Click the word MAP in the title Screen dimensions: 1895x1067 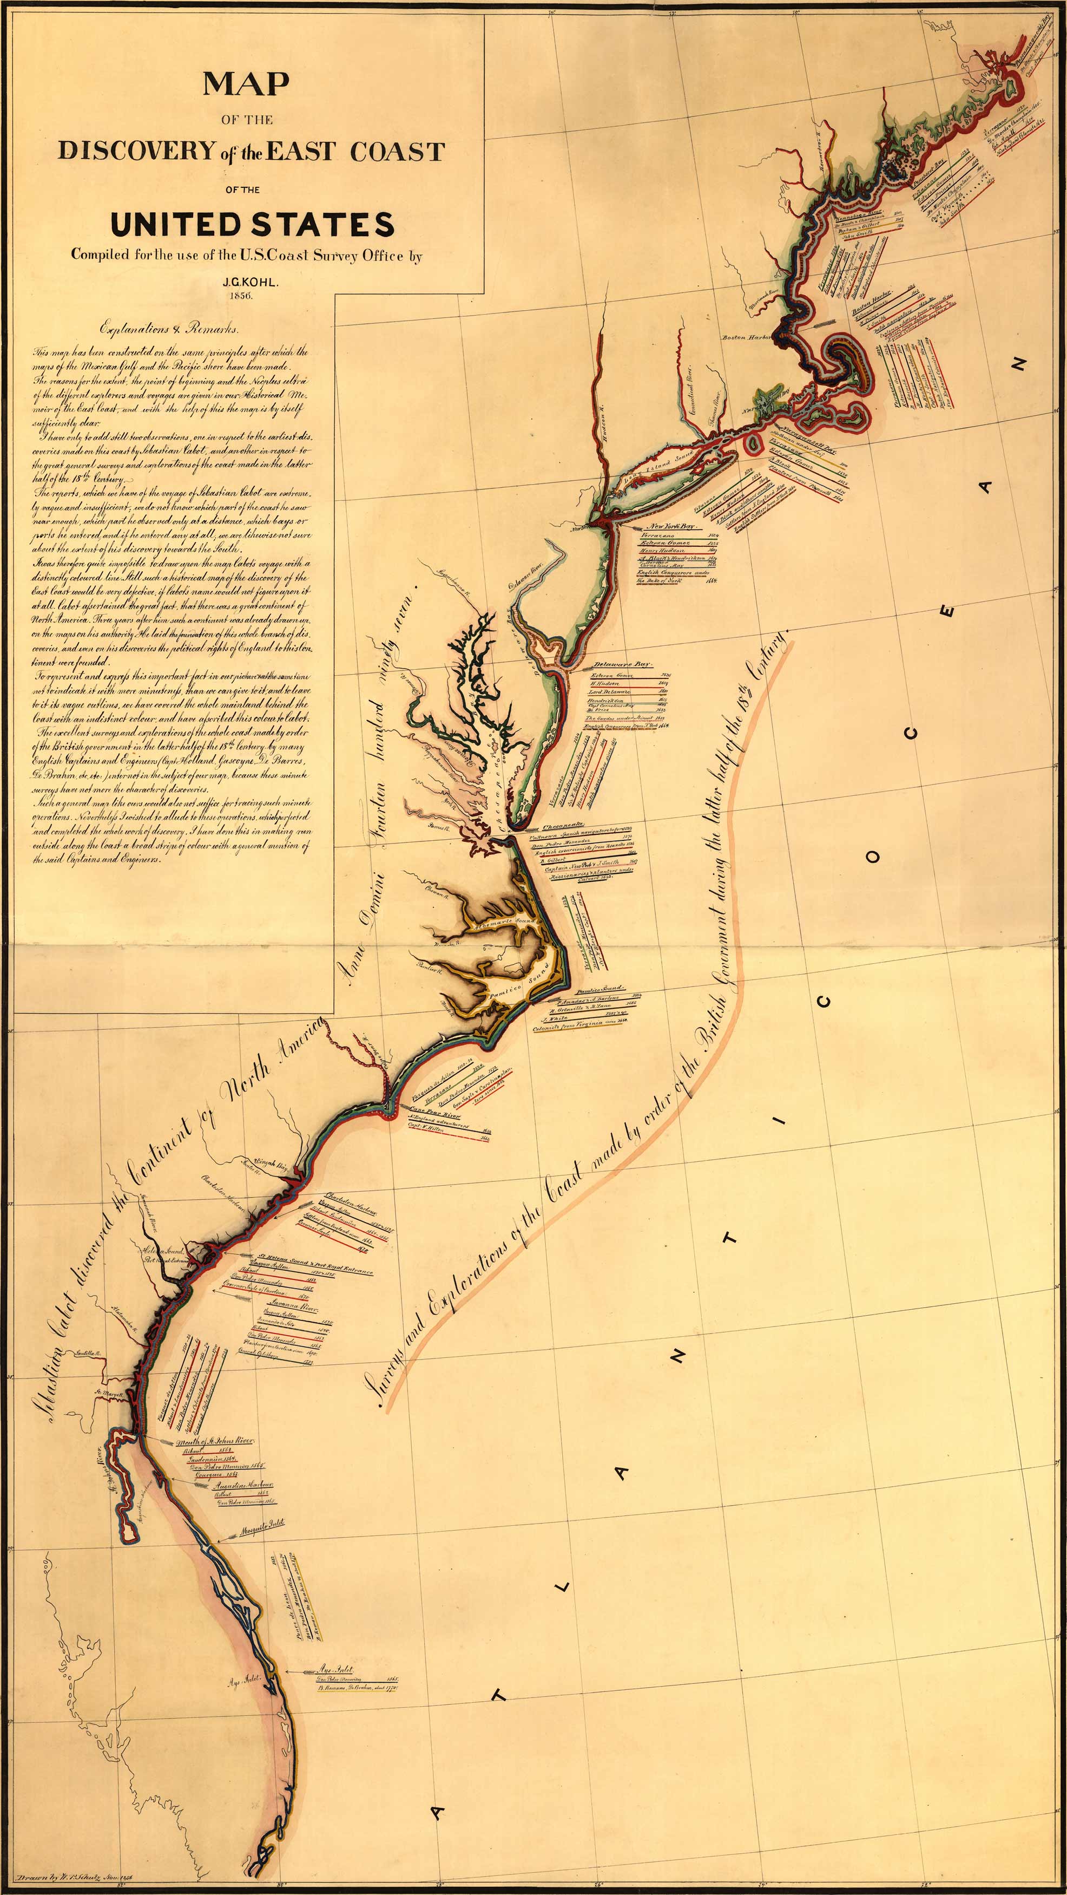tap(246, 84)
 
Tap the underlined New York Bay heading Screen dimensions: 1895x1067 tap(670, 527)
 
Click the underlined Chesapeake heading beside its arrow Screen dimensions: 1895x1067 tap(563, 825)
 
